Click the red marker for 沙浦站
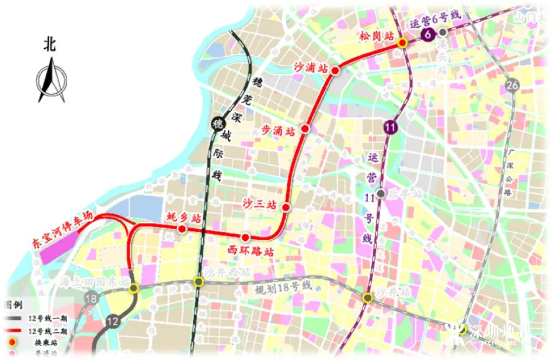pos(335,70)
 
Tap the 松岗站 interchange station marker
pos(402,43)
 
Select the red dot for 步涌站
pos(305,128)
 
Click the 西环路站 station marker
pos(246,237)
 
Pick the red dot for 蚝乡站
pos(182,229)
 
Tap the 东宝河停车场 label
pos(61,231)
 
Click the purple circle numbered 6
pos(428,35)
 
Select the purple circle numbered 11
pos(389,127)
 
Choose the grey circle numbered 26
pos(511,85)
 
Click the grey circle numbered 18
pos(92,298)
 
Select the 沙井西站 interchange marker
pos(199,281)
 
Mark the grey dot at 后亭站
pos(382,194)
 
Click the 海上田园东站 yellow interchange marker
pos(133,289)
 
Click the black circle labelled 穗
pos(217,124)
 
